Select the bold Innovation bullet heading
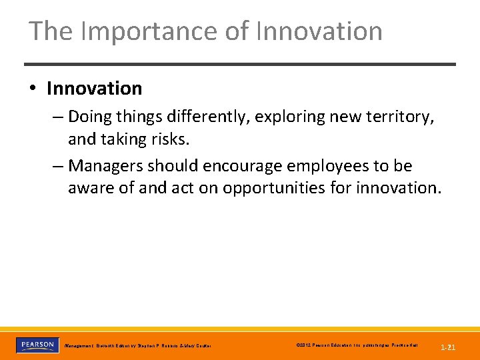94,88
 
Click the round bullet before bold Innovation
34,89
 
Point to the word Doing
91,117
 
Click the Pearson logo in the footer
37,345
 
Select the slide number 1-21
448,347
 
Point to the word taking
120,139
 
